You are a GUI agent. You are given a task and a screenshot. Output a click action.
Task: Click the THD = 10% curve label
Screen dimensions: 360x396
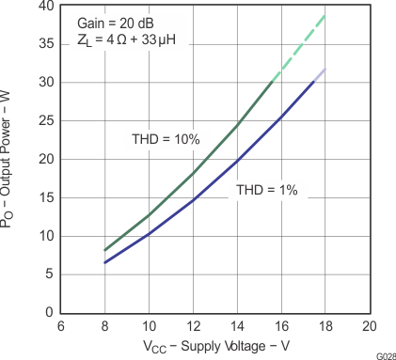pos(166,139)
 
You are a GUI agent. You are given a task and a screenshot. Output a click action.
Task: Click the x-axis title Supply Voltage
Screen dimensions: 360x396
pos(217,345)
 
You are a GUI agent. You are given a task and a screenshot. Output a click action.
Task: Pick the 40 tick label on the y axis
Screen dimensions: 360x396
pos(44,6)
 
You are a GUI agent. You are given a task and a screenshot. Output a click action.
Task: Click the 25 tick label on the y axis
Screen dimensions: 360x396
pos(44,120)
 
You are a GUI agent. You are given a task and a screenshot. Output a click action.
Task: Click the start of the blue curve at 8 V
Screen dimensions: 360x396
pos(104,262)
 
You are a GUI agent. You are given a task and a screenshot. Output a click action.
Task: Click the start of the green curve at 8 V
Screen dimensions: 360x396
pos(104,250)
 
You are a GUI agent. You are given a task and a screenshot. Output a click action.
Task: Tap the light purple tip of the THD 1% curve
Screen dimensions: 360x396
pos(320,74)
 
